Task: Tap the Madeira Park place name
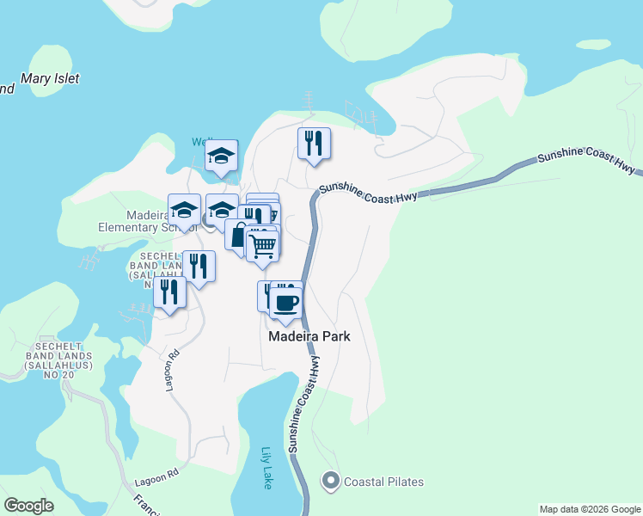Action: click(309, 337)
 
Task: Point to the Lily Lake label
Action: click(266, 469)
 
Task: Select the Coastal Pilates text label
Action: click(383, 482)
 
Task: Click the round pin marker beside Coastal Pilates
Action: click(330, 482)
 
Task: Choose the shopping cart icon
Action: click(262, 246)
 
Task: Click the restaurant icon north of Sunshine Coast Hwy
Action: click(314, 143)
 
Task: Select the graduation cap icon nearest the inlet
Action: click(222, 156)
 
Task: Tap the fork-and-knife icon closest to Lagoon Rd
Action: click(169, 292)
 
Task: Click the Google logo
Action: click(28, 506)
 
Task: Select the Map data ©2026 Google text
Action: click(589, 509)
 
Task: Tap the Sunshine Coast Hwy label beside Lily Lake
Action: click(305, 405)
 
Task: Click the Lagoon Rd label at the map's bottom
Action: click(156, 475)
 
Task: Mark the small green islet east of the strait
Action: click(592, 44)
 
